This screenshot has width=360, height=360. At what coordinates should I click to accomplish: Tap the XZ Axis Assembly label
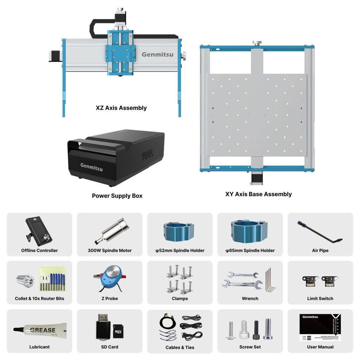pos(121,108)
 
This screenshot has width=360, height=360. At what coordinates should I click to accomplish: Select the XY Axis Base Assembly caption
pos(258,194)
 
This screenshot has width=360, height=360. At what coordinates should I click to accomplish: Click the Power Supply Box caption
pos(117,196)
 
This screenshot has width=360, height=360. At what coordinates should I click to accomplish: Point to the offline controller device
pos(38,231)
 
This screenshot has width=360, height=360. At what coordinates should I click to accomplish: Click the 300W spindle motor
pos(112,230)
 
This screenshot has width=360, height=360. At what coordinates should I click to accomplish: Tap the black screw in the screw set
pos(256,330)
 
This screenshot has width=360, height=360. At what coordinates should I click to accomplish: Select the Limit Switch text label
pos(320,298)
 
